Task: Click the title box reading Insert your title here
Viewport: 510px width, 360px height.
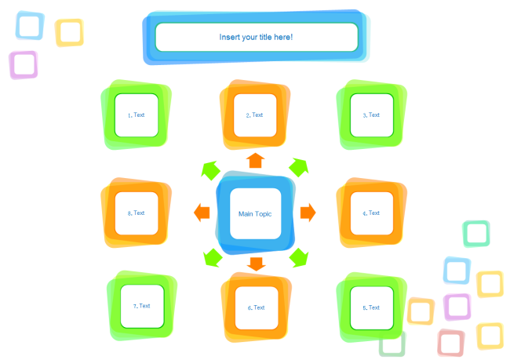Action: tap(256, 37)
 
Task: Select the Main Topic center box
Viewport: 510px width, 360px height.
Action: tap(255, 213)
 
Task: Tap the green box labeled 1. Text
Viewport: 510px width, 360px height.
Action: tap(136, 115)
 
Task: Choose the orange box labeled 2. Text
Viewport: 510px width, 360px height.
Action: tap(254, 115)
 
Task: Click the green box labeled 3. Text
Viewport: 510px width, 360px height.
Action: tap(371, 115)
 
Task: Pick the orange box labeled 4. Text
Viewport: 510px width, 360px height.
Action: tap(371, 213)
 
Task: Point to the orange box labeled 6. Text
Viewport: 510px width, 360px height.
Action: tap(256, 307)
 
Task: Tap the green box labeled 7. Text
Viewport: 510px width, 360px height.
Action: tap(142, 306)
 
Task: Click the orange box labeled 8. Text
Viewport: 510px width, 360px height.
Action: tap(136, 213)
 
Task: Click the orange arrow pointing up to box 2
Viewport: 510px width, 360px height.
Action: tap(255, 162)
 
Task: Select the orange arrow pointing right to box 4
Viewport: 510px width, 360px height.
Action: tap(308, 212)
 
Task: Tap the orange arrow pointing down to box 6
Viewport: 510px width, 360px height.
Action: tap(256, 264)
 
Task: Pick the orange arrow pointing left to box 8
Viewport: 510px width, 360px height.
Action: tap(202, 212)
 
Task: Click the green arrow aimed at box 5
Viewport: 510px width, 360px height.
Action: tap(298, 256)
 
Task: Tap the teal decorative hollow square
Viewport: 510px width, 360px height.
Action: tap(476, 233)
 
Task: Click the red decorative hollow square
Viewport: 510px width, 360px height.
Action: tap(451, 343)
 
